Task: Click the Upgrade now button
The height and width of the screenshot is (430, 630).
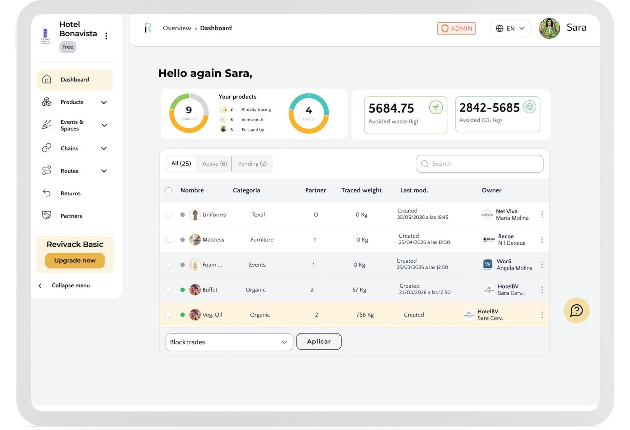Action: tap(75, 260)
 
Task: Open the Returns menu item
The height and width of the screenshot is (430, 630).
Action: tap(70, 193)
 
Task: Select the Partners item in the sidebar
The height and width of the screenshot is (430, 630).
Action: tap(71, 216)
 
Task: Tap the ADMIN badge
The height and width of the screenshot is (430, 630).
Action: tap(456, 29)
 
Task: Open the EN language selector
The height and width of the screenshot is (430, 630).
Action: tap(510, 29)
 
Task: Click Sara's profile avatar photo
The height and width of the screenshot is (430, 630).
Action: tap(549, 28)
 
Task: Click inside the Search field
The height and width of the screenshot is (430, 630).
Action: tap(480, 164)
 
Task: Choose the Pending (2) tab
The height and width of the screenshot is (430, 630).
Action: tap(252, 164)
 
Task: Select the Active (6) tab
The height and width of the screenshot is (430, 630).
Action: tap(214, 164)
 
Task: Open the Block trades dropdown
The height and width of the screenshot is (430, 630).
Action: tap(229, 342)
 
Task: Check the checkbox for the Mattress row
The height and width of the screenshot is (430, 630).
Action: tap(168, 240)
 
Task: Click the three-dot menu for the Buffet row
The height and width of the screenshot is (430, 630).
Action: tap(542, 290)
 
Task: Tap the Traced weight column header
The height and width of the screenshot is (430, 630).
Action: tap(361, 190)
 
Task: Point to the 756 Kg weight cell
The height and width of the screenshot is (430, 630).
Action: tap(365, 315)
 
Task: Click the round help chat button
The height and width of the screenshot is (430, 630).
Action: tap(577, 310)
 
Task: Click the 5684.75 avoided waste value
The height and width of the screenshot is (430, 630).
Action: tap(391, 108)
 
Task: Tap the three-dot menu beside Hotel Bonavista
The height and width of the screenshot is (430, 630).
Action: tap(106, 36)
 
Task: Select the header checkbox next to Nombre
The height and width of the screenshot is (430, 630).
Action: tap(168, 190)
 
